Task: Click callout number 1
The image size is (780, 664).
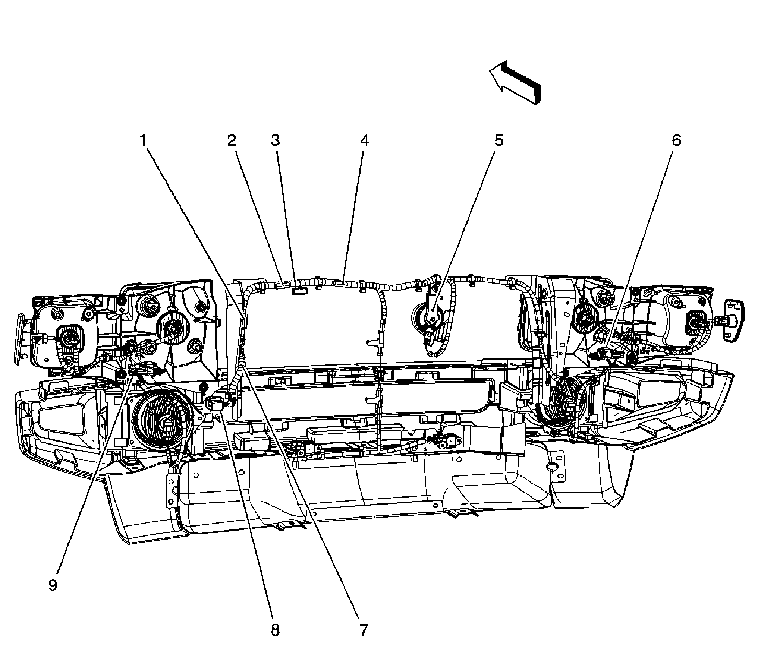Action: (143, 141)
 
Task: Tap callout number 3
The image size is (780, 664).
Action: (276, 141)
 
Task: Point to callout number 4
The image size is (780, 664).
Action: (364, 141)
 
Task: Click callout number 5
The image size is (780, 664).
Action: (498, 141)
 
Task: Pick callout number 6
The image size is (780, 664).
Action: (676, 141)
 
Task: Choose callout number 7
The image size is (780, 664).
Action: (364, 629)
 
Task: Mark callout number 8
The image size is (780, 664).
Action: (276, 629)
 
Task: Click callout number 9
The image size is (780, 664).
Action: (53, 585)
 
